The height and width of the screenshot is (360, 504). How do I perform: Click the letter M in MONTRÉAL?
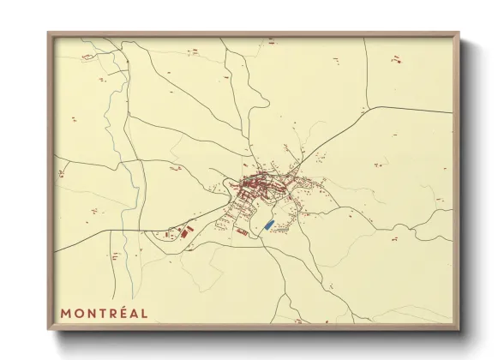65,313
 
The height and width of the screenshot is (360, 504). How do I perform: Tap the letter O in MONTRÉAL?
79,313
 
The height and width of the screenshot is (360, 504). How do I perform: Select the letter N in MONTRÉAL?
91,313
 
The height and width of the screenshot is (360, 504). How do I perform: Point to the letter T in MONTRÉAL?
102,313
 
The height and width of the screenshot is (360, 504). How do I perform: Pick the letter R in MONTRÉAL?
112,313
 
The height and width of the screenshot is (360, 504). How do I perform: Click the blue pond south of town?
268,225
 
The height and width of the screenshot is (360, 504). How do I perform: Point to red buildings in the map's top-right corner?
396,59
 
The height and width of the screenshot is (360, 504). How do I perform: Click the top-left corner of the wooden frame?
49,33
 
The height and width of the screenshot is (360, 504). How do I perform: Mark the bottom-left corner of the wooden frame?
49,328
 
